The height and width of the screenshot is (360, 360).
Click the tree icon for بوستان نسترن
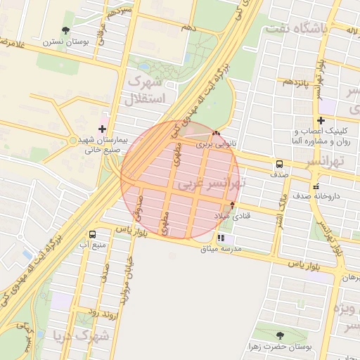point(65,30)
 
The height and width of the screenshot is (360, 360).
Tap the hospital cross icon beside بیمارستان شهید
point(103,129)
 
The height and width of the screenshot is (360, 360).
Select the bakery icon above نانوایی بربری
point(216,133)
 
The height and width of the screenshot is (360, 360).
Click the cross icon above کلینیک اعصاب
point(321,120)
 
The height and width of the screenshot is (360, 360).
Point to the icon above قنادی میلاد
point(233,205)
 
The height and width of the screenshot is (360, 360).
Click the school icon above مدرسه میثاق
point(221,238)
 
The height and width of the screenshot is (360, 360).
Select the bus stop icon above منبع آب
point(92,234)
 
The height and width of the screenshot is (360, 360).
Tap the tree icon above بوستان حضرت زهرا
point(281,335)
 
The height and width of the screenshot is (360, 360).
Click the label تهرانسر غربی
point(210,185)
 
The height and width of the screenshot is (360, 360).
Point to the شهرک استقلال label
point(144,91)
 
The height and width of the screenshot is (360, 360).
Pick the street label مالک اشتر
point(279,207)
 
